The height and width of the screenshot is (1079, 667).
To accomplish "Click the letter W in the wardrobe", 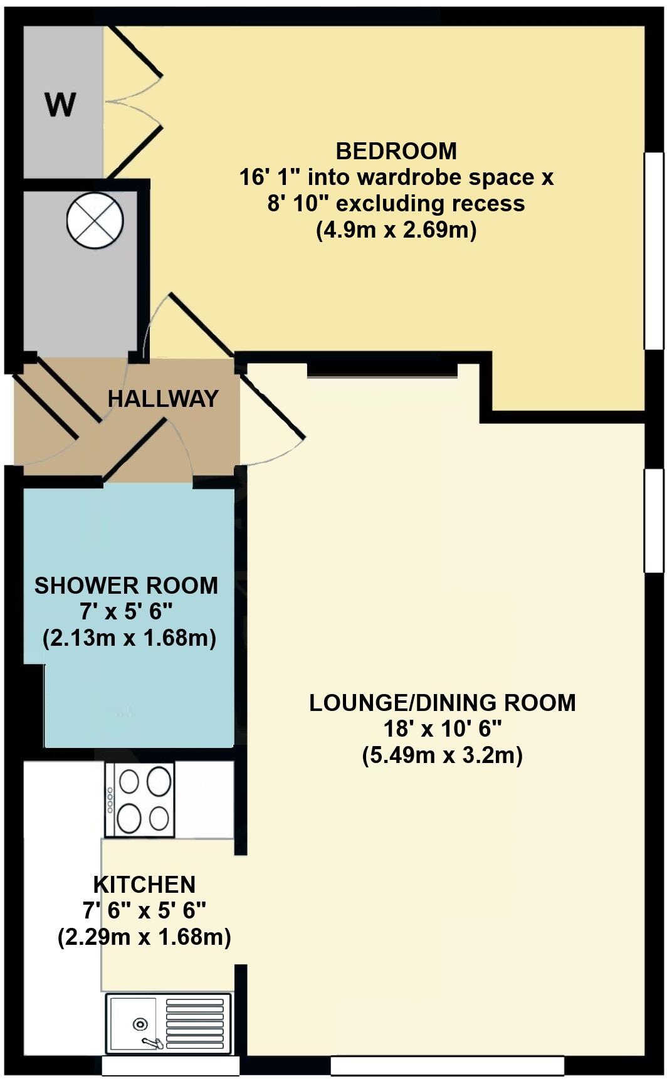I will click(x=60, y=105).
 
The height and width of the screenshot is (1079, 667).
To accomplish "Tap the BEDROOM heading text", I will click(x=396, y=151).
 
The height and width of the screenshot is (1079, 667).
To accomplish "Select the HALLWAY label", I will click(x=163, y=399).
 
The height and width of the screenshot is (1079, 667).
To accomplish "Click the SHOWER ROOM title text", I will click(x=126, y=586).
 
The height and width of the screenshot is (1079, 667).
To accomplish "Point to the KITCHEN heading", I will click(x=144, y=885).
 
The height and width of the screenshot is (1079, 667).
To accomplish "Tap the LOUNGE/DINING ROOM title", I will click(x=443, y=703).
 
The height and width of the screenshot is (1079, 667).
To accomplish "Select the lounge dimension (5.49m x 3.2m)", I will click(x=443, y=755).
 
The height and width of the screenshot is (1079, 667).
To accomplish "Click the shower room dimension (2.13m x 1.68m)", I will click(x=129, y=639).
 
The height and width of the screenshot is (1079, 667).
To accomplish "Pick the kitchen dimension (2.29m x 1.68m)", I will click(x=144, y=938).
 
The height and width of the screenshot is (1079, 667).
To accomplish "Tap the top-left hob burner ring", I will click(x=129, y=782).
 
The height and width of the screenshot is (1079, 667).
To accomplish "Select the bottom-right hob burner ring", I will click(x=159, y=818).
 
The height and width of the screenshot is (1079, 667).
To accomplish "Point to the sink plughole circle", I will click(x=140, y=1024).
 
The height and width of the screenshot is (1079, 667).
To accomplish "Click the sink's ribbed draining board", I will click(x=194, y=1023).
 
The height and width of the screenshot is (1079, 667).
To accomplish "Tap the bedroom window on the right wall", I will click(x=654, y=250).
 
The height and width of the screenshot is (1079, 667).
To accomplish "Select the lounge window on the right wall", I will click(x=654, y=520).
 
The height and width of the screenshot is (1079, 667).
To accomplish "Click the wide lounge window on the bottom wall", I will click(x=447, y=1065).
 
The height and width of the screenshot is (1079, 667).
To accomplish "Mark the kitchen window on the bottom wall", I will click(x=171, y=1065).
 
